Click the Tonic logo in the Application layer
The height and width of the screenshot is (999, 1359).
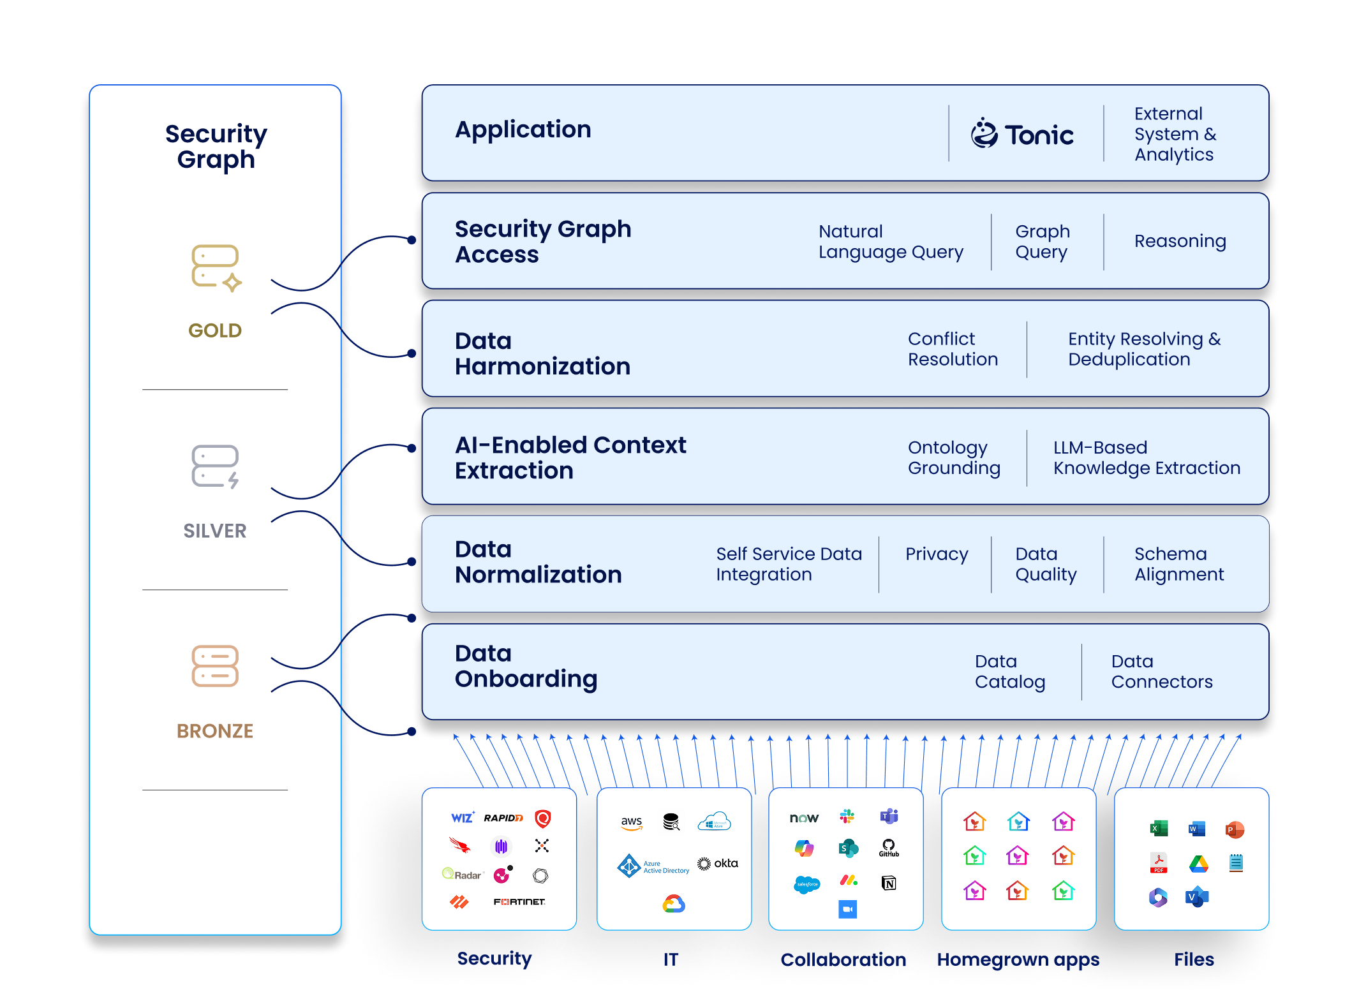pyautogui.click(x=1022, y=134)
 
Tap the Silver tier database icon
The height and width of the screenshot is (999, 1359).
pyautogui.click(x=216, y=467)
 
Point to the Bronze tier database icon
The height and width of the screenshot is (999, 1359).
pyautogui.click(x=215, y=666)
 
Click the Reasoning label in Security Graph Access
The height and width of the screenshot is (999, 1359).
pyautogui.click(x=1180, y=241)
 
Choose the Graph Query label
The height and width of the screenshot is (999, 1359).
pyautogui.click(x=1043, y=242)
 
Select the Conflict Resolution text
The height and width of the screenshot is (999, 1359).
pyautogui.click(x=953, y=349)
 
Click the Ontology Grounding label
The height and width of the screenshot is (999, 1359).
pyautogui.click(x=954, y=457)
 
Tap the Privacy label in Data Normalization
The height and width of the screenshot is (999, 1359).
pyautogui.click(x=937, y=554)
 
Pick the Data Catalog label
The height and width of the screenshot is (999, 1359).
pyautogui.click(x=1009, y=672)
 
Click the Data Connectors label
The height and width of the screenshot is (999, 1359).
pyautogui.click(x=1161, y=672)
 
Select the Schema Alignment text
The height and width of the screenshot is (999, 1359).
pyautogui.click(x=1178, y=564)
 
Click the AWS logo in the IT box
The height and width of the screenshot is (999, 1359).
pyautogui.click(x=632, y=822)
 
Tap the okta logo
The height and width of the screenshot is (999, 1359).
pyautogui.click(x=718, y=864)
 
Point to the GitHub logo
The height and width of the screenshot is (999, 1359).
pyautogui.click(x=889, y=848)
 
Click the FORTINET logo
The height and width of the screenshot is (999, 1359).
pyautogui.click(x=519, y=901)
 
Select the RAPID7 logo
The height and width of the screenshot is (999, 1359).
pyautogui.click(x=503, y=818)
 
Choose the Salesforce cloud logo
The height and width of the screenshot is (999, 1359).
pyautogui.click(x=807, y=884)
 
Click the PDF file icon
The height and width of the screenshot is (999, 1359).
pyautogui.click(x=1159, y=863)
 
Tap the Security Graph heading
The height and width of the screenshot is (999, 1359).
pyautogui.click(x=216, y=146)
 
